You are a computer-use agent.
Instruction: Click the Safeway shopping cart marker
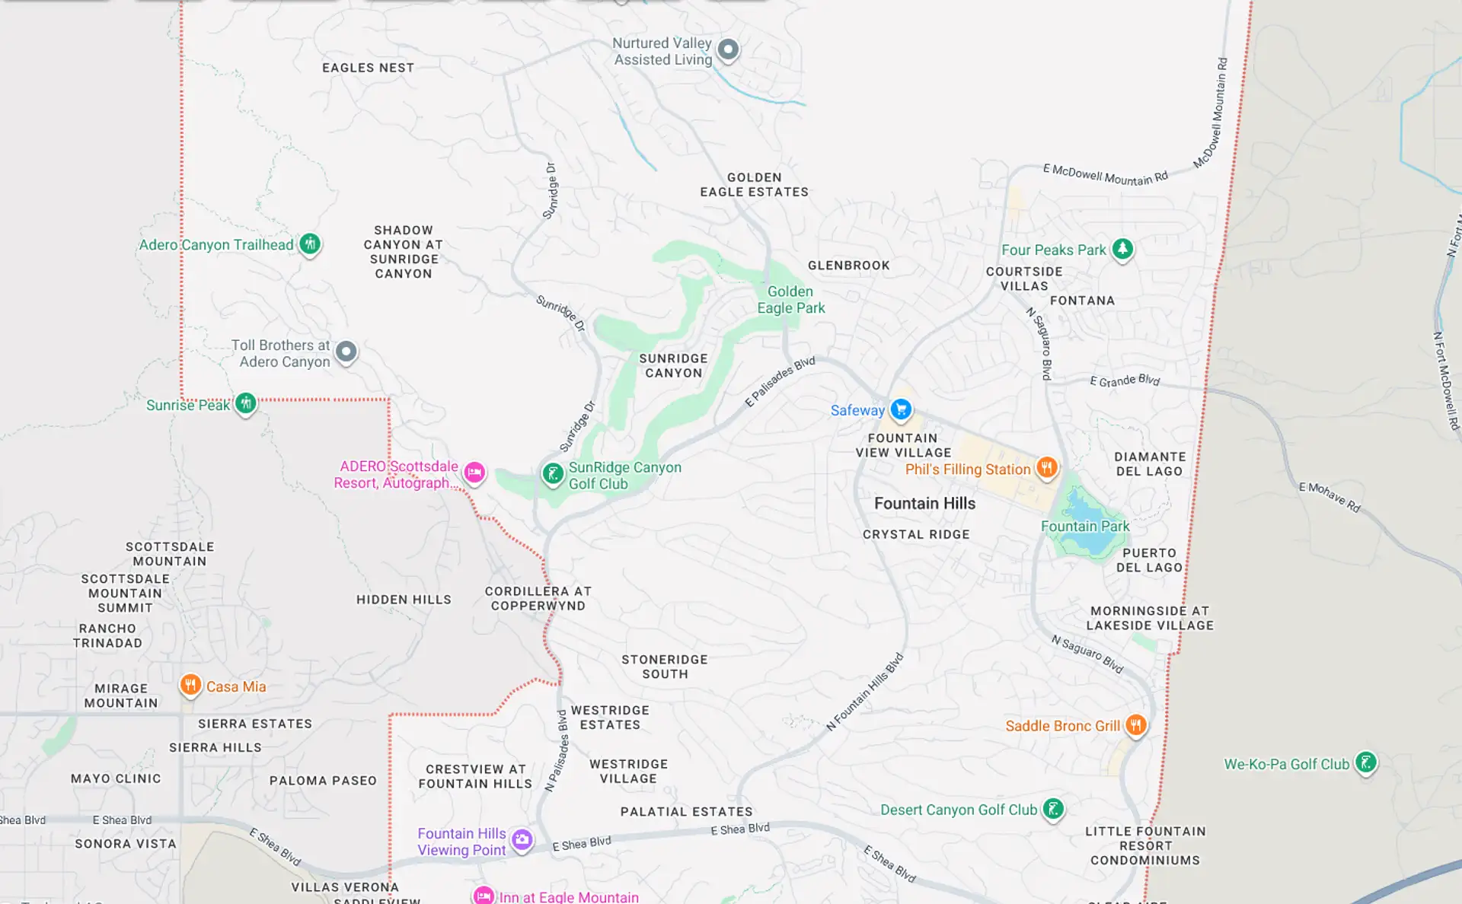901,409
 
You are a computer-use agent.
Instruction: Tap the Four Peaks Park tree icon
1122,248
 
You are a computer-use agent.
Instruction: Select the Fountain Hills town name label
924,503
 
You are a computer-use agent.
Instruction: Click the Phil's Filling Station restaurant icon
1047,467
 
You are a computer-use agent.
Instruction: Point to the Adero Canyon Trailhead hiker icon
309,244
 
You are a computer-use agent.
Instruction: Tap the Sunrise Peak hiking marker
245,403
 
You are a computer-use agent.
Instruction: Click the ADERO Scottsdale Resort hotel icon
474,473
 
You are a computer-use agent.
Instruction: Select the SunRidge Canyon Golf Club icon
553,473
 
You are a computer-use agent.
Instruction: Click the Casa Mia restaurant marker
190,685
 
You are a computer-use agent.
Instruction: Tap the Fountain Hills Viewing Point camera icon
522,839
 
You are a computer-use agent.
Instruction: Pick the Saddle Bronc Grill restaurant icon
1135,724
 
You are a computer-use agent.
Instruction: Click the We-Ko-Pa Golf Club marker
1366,762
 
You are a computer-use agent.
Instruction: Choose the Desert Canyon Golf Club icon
1053,808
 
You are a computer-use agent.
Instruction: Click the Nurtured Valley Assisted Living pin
728,49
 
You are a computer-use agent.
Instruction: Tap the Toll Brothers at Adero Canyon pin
346,352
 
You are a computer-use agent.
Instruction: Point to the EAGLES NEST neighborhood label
368,68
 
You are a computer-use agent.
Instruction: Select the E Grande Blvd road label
1124,380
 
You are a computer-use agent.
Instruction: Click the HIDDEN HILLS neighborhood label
404,600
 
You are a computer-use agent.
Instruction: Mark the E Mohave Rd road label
1330,497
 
